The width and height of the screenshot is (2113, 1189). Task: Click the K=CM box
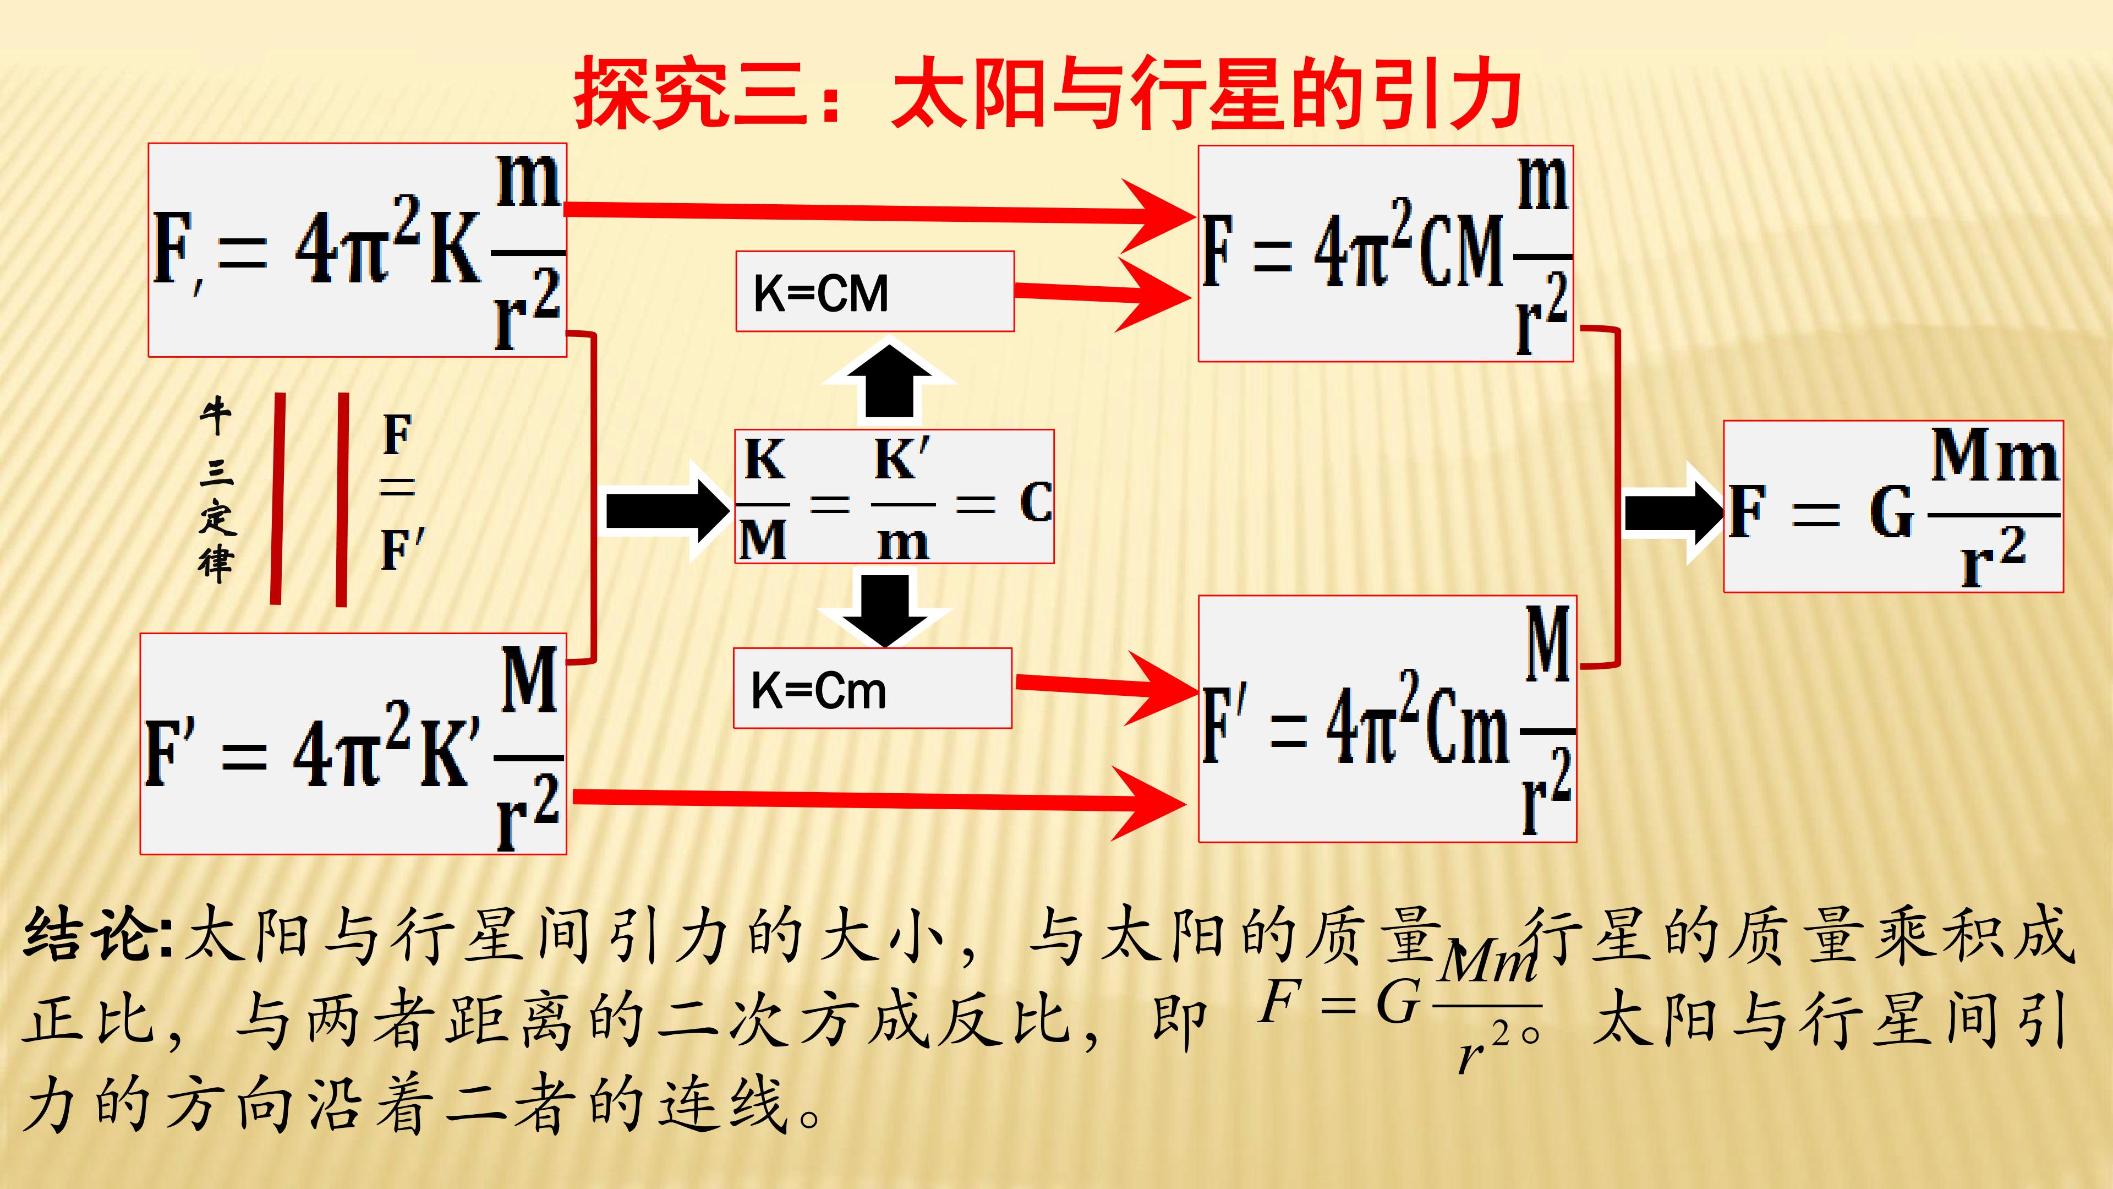tap(874, 291)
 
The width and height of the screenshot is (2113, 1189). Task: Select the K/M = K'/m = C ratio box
tap(894, 497)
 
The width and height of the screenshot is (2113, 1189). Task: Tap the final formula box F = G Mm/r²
tap(1893, 506)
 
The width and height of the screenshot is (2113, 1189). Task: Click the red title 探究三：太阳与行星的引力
tap(1048, 92)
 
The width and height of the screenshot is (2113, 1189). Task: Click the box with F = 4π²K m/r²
tap(358, 250)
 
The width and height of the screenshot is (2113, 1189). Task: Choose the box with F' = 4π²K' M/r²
tap(353, 744)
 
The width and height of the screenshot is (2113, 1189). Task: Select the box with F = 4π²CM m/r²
tap(1386, 254)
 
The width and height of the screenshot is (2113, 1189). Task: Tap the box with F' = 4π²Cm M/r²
tap(1387, 719)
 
